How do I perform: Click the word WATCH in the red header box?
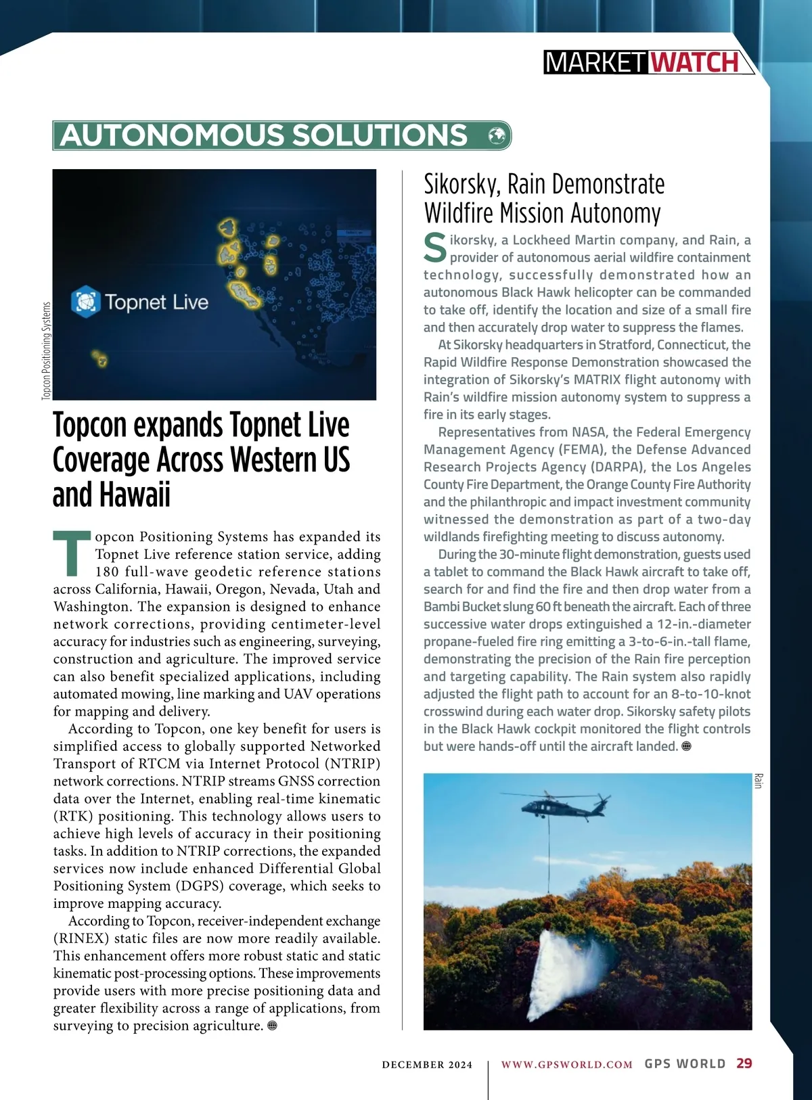point(695,63)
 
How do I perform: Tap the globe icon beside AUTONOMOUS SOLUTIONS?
point(497,135)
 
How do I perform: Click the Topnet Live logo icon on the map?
point(86,302)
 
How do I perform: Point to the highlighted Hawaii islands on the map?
point(99,358)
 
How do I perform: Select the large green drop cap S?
point(435,248)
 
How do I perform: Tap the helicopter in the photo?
point(562,805)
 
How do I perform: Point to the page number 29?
point(744,1063)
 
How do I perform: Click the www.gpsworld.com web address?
point(566,1064)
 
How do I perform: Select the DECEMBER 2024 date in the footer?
point(427,1065)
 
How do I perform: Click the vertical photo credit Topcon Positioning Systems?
point(46,350)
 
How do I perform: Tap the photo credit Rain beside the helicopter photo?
point(759,781)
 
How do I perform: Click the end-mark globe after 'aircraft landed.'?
point(686,746)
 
